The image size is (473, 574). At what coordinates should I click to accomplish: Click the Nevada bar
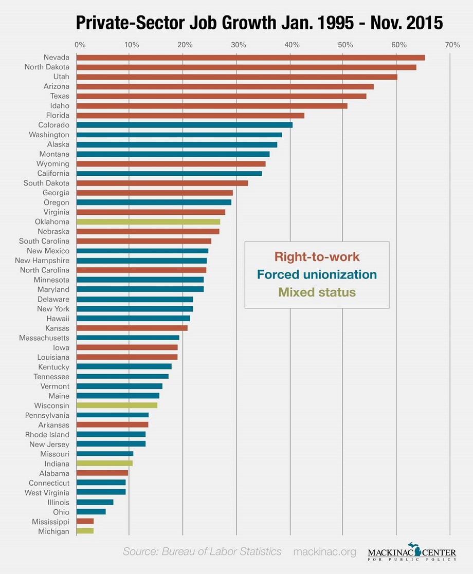tap(250, 58)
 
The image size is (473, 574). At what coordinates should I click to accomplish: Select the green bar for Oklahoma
tap(148, 222)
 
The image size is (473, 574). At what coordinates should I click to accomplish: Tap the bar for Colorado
tap(184, 125)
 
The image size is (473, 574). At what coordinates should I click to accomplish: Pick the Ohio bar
tap(91, 512)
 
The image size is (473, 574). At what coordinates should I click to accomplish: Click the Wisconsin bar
tap(117, 405)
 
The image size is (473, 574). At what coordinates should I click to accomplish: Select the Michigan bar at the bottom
tap(85, 531)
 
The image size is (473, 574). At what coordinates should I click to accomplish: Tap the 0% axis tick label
tap(80, 45)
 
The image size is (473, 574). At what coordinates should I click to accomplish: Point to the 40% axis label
tap(292, 45)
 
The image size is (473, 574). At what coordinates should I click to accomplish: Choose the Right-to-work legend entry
tap(317, 256)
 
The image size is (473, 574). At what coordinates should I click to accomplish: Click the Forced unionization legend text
tap(317, 274)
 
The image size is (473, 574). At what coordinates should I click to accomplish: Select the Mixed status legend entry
tap(317, 292)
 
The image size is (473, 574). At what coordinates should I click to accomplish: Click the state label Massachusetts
tap(44, 338)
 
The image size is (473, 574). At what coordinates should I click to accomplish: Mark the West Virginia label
tap(47, 493)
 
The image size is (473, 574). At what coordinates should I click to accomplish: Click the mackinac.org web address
tap(324, 552)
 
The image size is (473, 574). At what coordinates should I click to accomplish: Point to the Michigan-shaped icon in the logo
tap(418, 549)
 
